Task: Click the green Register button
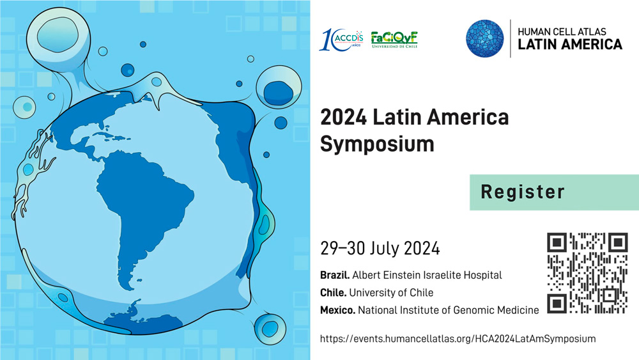pos(554,192)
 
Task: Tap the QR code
pos(587,273)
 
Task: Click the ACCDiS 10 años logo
pos(341,40)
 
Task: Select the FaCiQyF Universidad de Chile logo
pos(394,40)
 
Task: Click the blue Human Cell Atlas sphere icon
pos(484,38)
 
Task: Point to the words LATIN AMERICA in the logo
pos(570,44)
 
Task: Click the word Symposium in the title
pos(377,144)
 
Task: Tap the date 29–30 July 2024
pos(380,248)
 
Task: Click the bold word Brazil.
pos(335,275)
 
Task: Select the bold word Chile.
pos(333,293)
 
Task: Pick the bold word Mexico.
pos(337,310)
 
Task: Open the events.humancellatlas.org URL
pos(458,339)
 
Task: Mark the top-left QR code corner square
pos(557,242)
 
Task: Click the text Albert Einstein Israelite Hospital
pos(427,275)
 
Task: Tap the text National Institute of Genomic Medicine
pos(449,310)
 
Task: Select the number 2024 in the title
pos(344,117)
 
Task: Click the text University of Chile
pos(391,293)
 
